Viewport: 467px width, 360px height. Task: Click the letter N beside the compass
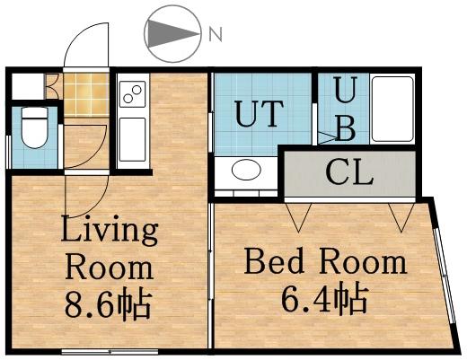pyautogui.click(x=215, y=35)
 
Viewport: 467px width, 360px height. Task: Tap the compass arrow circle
pyautogui.click(x=172, y=34)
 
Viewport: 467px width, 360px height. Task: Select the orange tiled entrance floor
pyautogui.click(x=84, y=92)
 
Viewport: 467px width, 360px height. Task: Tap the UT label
pyautogui.click(x=259, y=114)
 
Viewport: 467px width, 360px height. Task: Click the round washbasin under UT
pyautogui.click(x=244, y=170)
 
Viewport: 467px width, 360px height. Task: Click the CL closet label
pyautogui.click(x=350, y=172)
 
